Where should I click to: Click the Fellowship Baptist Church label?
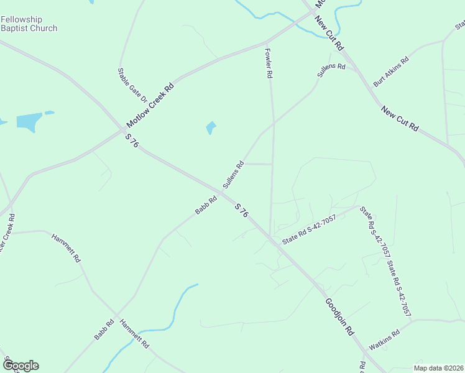(x=29, y=24)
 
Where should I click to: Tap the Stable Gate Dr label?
(x=132, y=85)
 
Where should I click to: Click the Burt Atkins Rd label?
(x=390, y=71)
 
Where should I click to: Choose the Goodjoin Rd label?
(x=339, y=316)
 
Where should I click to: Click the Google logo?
(x=20, y=365)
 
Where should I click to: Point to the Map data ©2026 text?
(x=438, y=368)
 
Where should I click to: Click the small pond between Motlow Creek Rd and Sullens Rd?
(x=211, y=128)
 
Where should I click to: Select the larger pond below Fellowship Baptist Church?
(x=29, y=122)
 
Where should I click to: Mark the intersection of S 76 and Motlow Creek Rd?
(x=122, y=131)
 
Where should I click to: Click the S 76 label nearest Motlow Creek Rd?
(x=131, y=141)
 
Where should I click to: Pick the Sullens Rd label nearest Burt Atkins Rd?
(x=331, y=69)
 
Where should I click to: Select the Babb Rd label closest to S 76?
(x=206, y=205)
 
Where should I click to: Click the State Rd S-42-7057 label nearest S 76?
(x=309, y=229)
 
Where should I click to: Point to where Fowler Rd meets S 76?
(x=269, y=235)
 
